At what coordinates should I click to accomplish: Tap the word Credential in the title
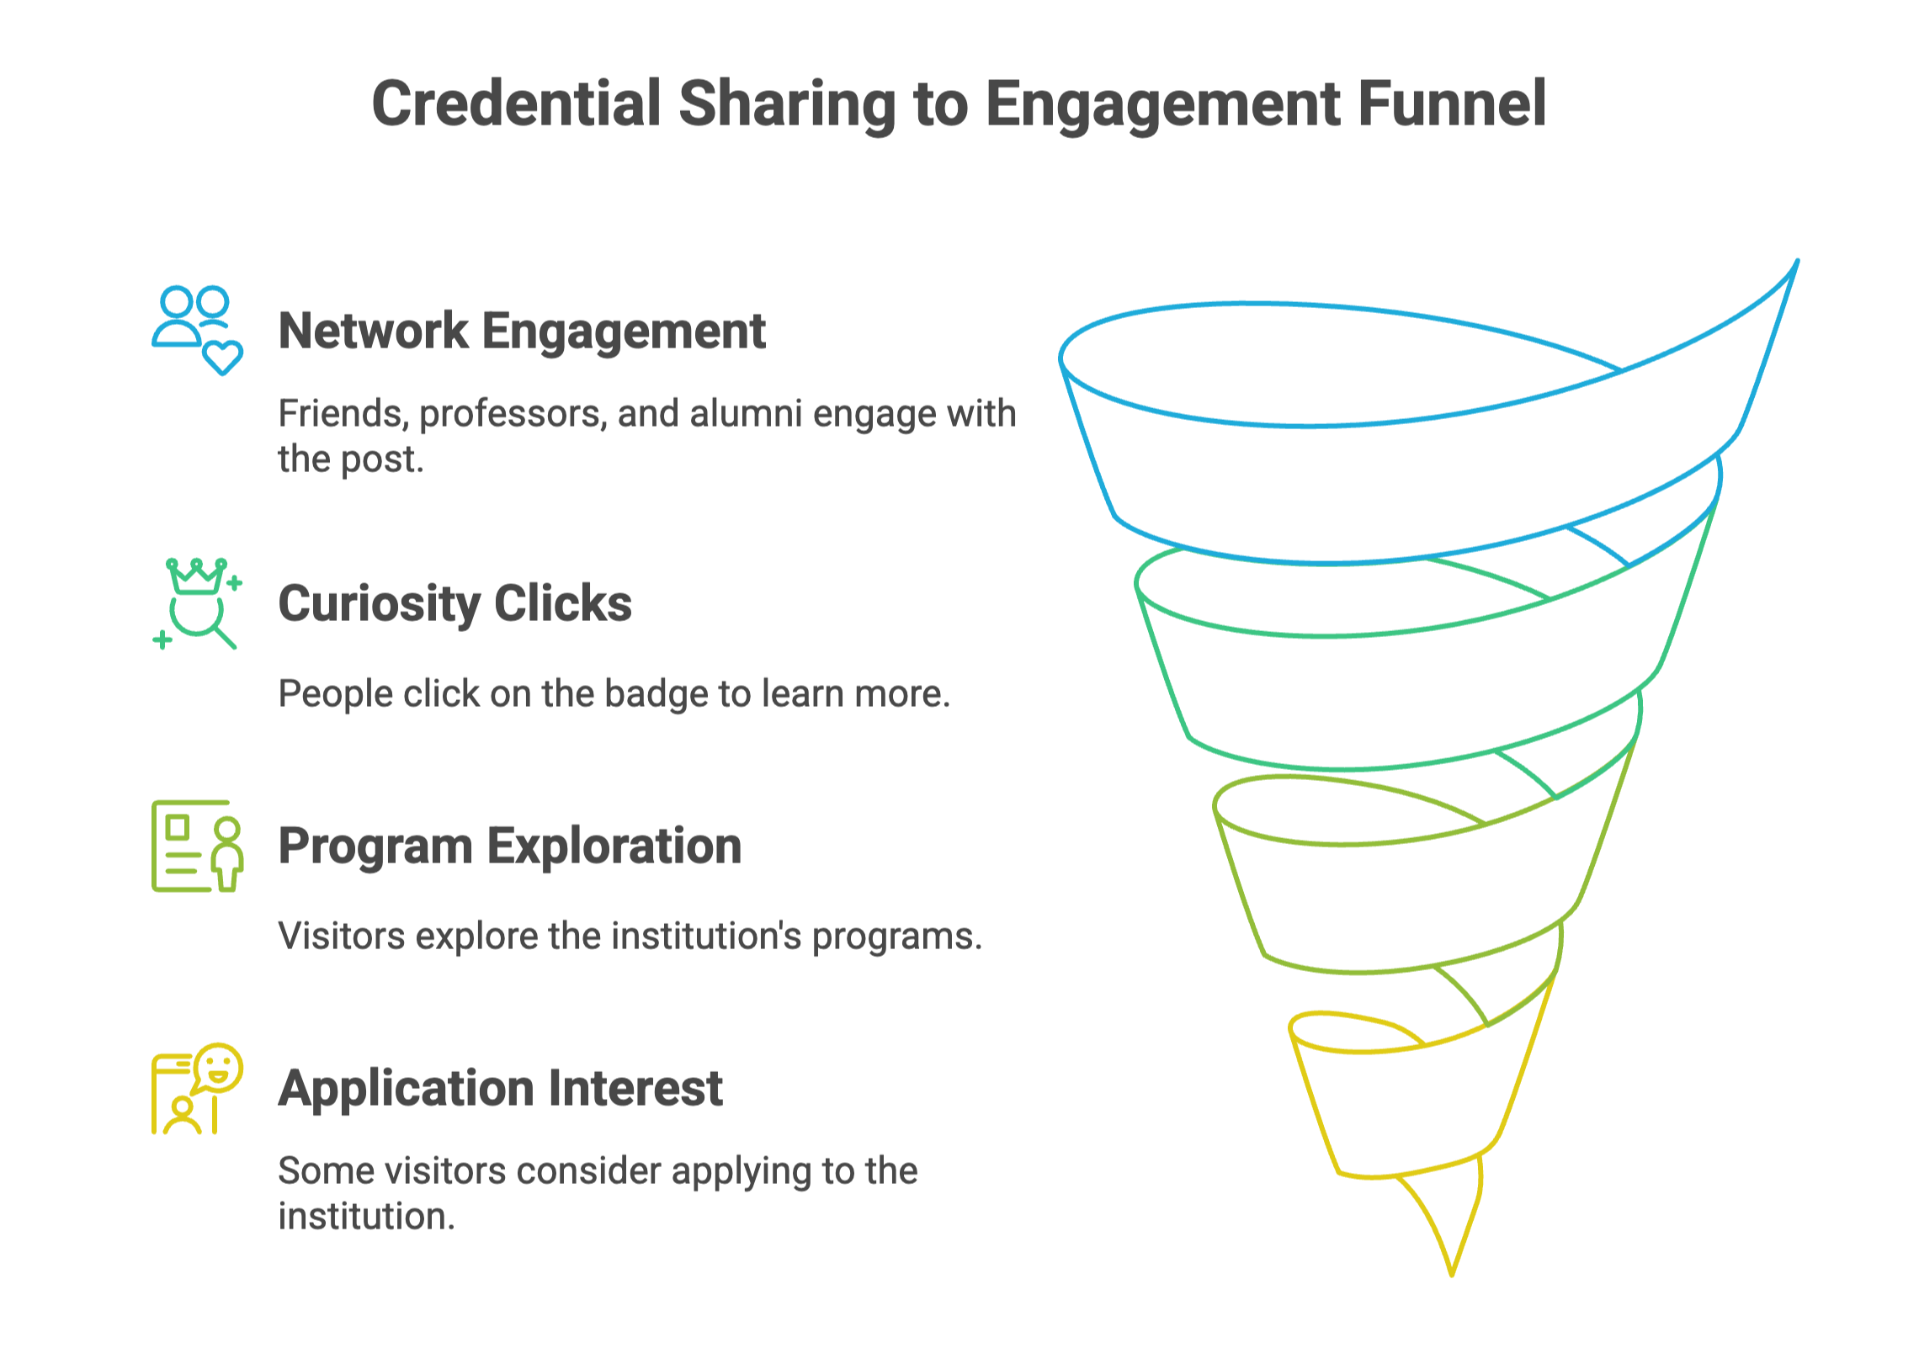(x=516, y=103)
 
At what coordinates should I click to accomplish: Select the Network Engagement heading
(x=522, y=331)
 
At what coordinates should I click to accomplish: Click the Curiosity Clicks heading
(x=454, y=603)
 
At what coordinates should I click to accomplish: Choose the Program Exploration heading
(x=510, y=846)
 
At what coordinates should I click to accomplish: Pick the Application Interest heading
(x=500, y=1088)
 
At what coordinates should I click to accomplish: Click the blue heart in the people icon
(x=223, y=358)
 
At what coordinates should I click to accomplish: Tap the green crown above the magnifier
(x=196, y=577)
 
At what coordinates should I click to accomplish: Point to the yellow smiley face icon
(x=219, y=1067)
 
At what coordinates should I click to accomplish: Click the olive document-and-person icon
(x=197, y=846)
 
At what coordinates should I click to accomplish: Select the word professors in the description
(x=510, y=414)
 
